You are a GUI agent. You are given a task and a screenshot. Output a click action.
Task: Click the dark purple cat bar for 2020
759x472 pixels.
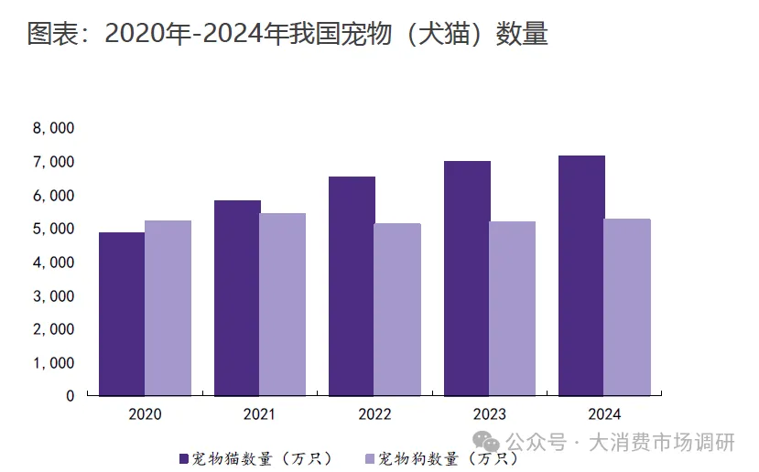122,314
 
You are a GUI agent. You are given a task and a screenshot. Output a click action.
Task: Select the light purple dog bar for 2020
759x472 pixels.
168,308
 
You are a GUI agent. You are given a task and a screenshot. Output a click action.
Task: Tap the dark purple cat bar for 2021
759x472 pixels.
237,298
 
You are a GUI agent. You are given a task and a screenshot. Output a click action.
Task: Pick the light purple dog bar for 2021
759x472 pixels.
283,305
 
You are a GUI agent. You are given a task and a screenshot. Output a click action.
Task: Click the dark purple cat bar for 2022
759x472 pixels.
352,286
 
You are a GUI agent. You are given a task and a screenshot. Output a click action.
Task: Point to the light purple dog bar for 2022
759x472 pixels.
397,309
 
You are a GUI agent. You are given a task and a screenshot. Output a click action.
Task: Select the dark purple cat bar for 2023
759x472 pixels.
467,278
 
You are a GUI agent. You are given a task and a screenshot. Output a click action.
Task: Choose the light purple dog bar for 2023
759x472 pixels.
513,308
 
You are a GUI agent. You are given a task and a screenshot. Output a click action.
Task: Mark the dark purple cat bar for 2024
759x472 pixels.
581,275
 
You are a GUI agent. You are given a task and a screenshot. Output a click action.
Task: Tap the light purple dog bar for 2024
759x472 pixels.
627,307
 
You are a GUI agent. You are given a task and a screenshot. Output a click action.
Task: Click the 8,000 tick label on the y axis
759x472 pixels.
53,129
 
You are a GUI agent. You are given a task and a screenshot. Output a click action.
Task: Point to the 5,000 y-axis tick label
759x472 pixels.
53,230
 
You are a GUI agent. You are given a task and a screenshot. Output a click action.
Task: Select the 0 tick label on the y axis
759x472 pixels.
70,396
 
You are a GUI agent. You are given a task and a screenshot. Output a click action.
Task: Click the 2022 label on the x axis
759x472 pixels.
374,414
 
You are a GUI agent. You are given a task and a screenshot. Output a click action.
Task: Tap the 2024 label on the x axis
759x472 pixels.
604,414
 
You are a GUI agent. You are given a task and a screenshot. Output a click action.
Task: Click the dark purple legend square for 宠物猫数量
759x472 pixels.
183,457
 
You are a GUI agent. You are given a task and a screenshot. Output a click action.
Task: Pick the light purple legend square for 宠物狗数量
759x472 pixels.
370,457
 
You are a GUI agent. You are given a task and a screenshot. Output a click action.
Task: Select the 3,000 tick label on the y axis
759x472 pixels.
53,296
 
